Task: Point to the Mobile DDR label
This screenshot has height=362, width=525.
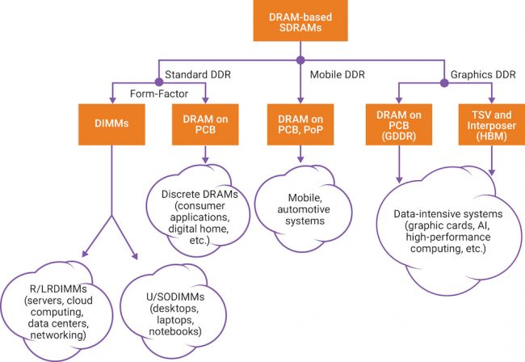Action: (335, 75)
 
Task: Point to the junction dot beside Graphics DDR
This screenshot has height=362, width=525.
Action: (443, 82)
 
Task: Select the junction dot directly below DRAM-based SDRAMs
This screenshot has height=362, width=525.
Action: (300, 60)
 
